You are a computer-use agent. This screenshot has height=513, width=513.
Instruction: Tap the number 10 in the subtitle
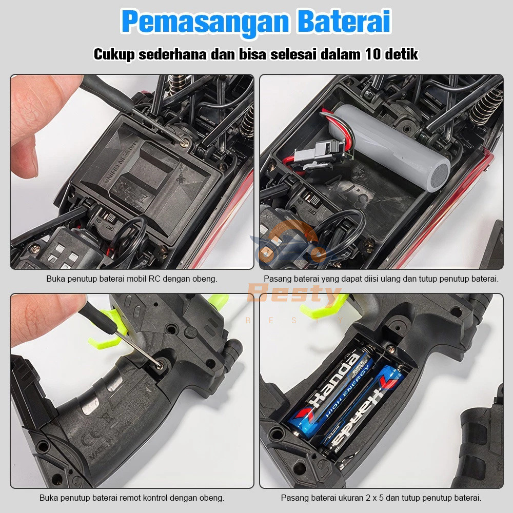(x=376, y=54)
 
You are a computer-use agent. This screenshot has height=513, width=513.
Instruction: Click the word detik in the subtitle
(x=403, y=54)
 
